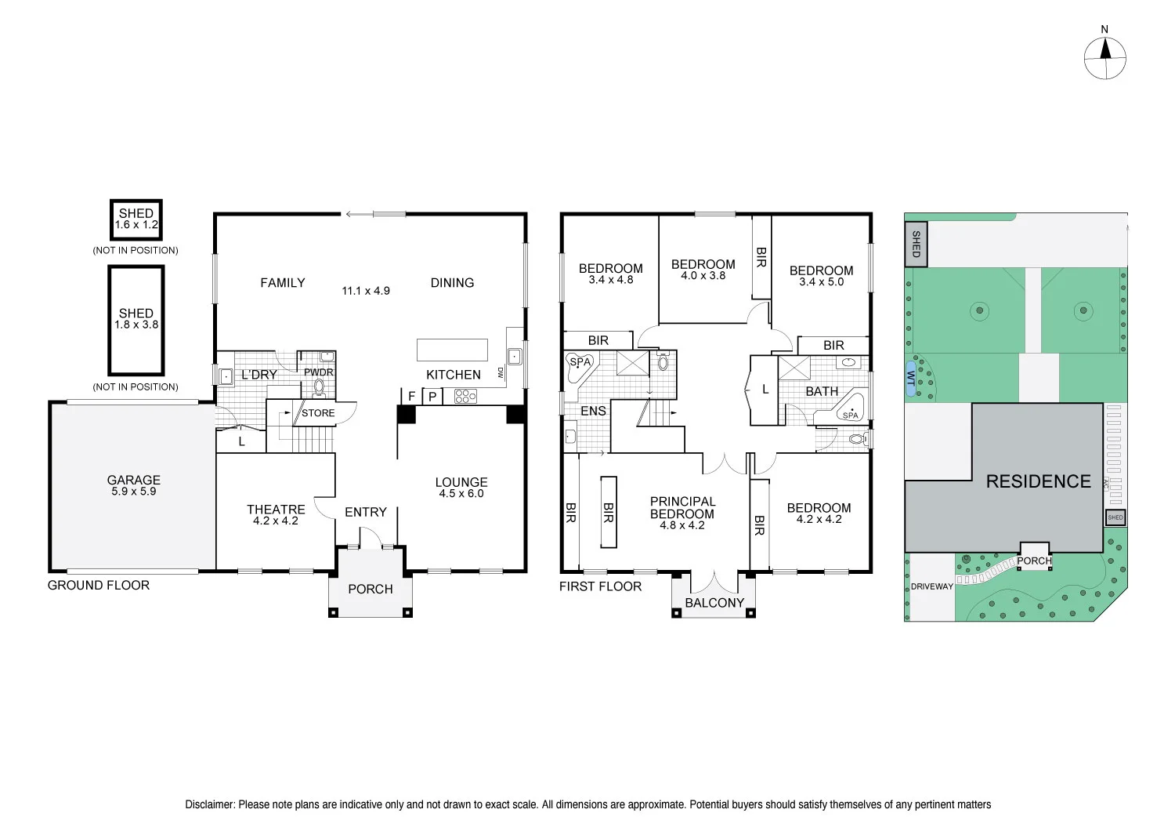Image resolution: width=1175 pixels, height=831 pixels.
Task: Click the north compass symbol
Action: click(1105, 58)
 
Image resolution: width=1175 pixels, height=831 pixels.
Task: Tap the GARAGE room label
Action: click(134, 481)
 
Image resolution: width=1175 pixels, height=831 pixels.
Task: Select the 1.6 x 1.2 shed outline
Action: click(136, 220)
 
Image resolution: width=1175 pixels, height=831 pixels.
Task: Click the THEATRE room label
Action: click(276, 510)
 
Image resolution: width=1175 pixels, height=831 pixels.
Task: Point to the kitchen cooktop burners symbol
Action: click(465, 397)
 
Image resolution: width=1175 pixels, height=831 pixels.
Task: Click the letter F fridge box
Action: click(411, 397)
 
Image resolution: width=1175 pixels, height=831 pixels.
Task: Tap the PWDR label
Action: click(319, 372)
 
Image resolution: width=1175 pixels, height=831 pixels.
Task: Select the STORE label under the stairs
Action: click(318, 413)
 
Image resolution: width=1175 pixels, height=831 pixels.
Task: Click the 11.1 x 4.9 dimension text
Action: click(366, 291)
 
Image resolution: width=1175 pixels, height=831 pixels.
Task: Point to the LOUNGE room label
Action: click(461, 482)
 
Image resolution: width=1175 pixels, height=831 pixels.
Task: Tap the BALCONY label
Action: click(714, 603)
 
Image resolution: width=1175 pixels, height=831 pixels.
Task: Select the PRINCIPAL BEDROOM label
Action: click(682, 508)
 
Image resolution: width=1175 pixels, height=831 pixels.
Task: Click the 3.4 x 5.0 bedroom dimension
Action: click(821, 282)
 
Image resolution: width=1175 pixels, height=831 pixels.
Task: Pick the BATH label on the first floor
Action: click(822, 391)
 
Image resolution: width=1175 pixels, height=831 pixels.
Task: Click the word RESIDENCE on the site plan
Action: click(1038, 481)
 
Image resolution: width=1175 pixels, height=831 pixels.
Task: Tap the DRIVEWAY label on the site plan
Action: click(931, 586)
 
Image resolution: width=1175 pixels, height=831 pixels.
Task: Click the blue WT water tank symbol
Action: click(911, 379)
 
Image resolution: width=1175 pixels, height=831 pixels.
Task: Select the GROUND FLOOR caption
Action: click(99, 585)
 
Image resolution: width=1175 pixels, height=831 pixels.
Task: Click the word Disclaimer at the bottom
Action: click(209, 804)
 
